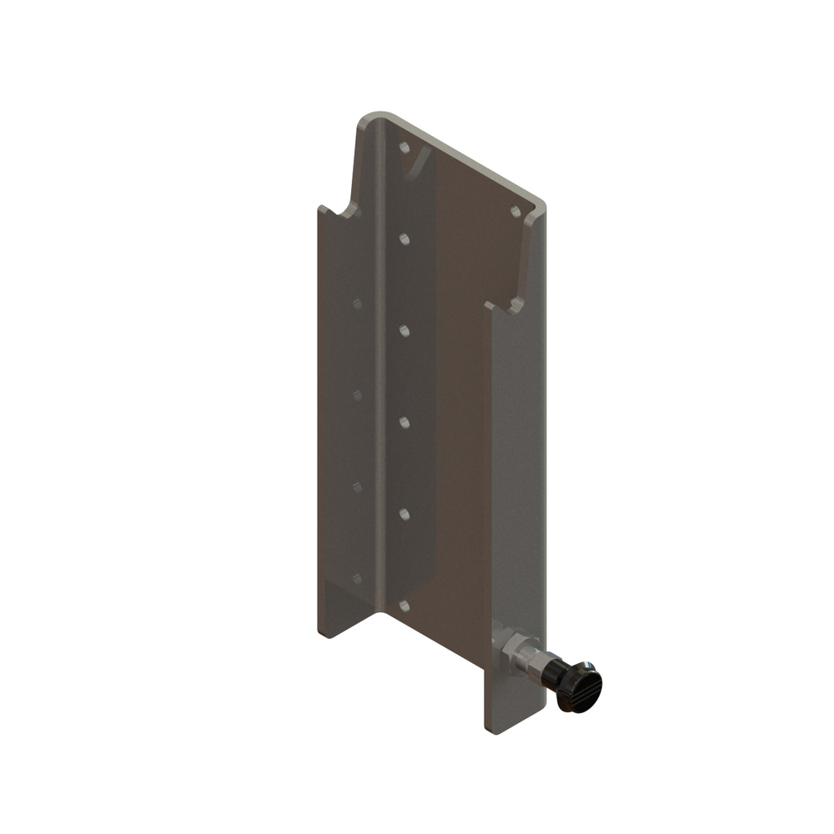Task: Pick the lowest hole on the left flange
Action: point(358,577)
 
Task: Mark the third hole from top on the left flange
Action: point(358,486)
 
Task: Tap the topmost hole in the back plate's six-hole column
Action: point(404,148)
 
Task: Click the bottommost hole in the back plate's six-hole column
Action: point(404,605)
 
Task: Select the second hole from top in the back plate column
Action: point(404,239)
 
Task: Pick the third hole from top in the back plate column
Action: point(404,331)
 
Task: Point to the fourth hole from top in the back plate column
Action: point(404,423)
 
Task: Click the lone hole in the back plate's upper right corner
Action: point(515,212)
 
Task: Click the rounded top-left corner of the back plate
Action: point(367,119)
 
